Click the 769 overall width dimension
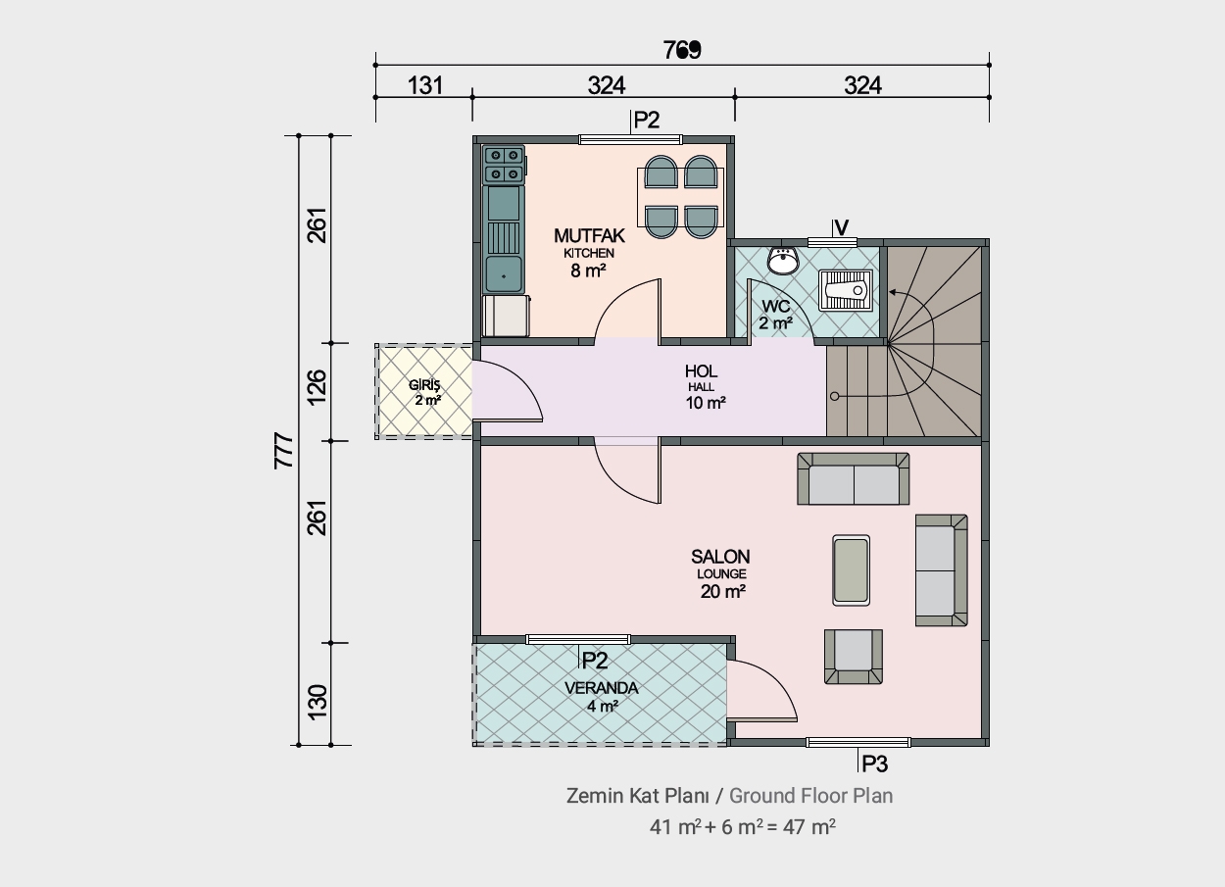[x=682, y=50]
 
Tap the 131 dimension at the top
[x=425, y=85]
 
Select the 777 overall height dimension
[x=284, y=451]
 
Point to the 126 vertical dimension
[x=318, y=387]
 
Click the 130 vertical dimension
[x=318, y=702]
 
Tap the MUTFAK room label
[x=589, y=235]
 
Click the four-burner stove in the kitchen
[x=504, y=164]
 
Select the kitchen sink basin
[x=504, y=274]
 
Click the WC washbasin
[x=783, y=261]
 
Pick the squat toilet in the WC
[x=846, y=290]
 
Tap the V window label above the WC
[x=842, y=227]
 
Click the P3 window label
[x=874, y=764]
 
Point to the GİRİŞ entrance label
[x=424, y=385]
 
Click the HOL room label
[x=701, y=371]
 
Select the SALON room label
[x=720, y=557]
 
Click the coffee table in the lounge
[x=851, y=570]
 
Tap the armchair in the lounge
[x=854, y=657]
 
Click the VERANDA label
[x=602, y=688]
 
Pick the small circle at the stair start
[x=835, y=397]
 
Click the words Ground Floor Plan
[x=811, y=796]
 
